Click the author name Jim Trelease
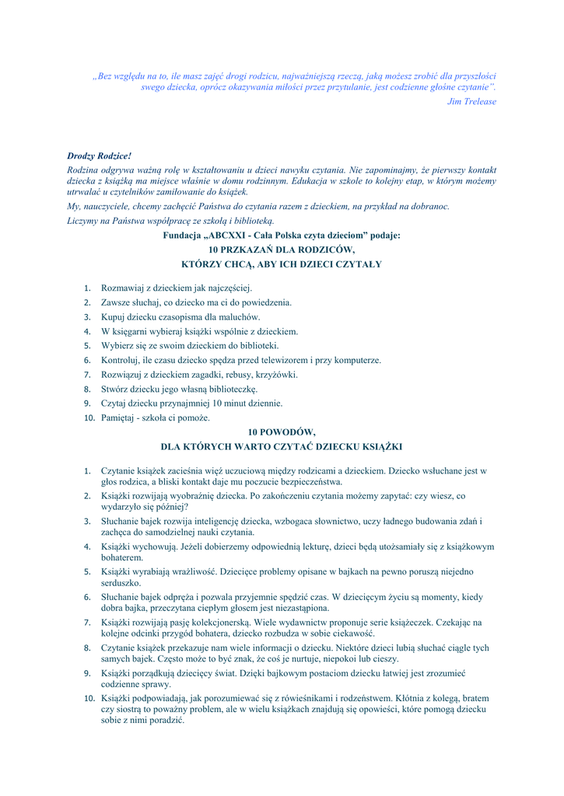(471, 102)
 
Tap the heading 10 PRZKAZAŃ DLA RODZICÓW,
(282, 250)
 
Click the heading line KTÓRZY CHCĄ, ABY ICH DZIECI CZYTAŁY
(282, 264)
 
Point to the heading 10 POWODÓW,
(282, 431)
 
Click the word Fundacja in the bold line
(182, 235)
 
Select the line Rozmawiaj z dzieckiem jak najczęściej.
(171, 288)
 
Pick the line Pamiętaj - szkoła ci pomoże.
(156, 418)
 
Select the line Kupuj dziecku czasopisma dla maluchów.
(180, 317)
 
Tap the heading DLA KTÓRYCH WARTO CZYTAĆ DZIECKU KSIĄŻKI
(282, 447)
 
